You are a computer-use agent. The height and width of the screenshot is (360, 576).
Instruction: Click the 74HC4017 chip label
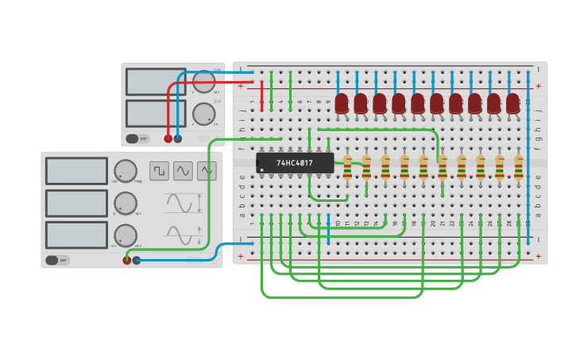tap(295, 163)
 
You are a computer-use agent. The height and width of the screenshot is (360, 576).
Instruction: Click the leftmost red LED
tap(342, 103)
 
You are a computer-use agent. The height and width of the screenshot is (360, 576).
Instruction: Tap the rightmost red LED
tap(513, 103)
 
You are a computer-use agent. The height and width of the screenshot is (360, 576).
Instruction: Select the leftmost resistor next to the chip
tap(347, 168)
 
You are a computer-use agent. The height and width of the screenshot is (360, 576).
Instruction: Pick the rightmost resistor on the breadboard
tap(519, 168)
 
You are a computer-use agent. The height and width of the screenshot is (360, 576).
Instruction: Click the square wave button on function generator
tap(159, 171)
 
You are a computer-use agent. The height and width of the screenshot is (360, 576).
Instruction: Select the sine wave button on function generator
tap(183, 171)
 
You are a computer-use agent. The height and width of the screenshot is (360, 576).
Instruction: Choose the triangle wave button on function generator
tap(207, 171)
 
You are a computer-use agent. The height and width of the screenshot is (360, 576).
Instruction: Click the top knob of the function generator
tap(125, 171)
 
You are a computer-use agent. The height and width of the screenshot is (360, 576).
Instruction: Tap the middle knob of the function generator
tap(125, 203)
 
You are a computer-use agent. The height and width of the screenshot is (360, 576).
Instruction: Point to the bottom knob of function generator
tap(125, 235)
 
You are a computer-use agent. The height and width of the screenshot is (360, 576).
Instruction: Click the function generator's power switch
tap(57, 260)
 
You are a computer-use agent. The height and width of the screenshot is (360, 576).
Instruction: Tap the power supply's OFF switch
tap(137, 138)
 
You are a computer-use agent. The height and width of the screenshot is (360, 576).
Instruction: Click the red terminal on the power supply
tap(168, 138)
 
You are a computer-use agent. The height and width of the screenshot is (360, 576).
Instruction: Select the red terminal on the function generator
tap(126, 260)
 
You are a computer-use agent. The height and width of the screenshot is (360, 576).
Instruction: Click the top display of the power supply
tap(156, 81)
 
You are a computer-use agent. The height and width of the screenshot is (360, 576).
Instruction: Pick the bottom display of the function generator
tap(76, 234)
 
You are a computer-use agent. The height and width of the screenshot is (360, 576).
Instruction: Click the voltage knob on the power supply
tap(204, 81)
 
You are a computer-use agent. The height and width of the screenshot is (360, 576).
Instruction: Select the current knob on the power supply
tap(203, 114)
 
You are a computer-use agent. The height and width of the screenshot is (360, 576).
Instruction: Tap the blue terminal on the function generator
tap(137, 260)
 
